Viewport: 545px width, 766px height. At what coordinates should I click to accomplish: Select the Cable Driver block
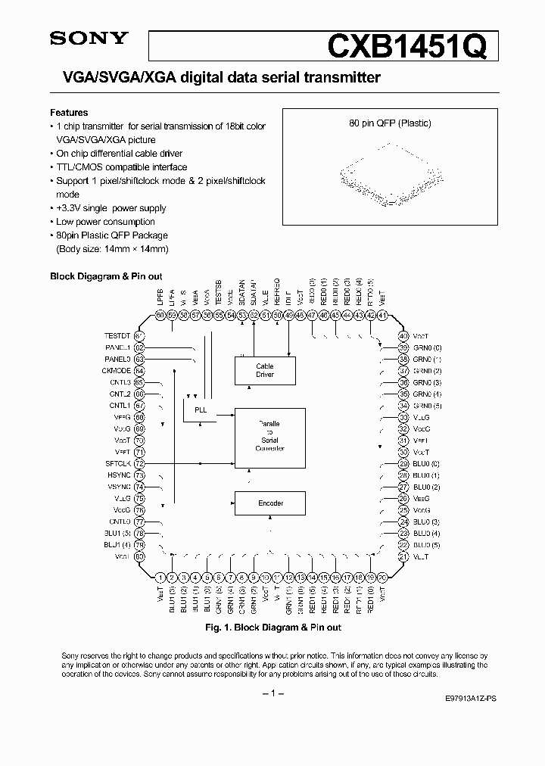tap(265, 370)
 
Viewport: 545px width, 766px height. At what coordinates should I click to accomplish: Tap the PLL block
tap(201, 409)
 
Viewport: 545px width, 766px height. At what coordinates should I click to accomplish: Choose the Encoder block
tap(270, 503)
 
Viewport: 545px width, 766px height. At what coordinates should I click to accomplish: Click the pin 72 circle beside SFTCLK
tap(139, 462)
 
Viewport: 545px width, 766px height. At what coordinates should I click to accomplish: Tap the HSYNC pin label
tap(119, 475)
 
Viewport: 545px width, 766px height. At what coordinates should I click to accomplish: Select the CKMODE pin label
tap(117, 371)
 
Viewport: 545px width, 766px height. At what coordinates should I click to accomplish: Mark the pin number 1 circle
tap(160, 576)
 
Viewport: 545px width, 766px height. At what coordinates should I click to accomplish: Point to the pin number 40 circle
tap(403, 335)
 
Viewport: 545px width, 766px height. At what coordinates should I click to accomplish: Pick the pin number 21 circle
tap(403, 556)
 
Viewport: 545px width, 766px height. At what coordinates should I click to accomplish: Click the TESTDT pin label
tap(117, 335)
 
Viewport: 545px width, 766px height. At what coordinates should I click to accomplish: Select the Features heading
tap(69, 112)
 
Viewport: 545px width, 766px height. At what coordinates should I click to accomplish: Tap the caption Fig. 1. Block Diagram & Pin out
tap(273, 627)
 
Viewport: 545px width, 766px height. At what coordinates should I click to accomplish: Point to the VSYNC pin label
tap(119, 487)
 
